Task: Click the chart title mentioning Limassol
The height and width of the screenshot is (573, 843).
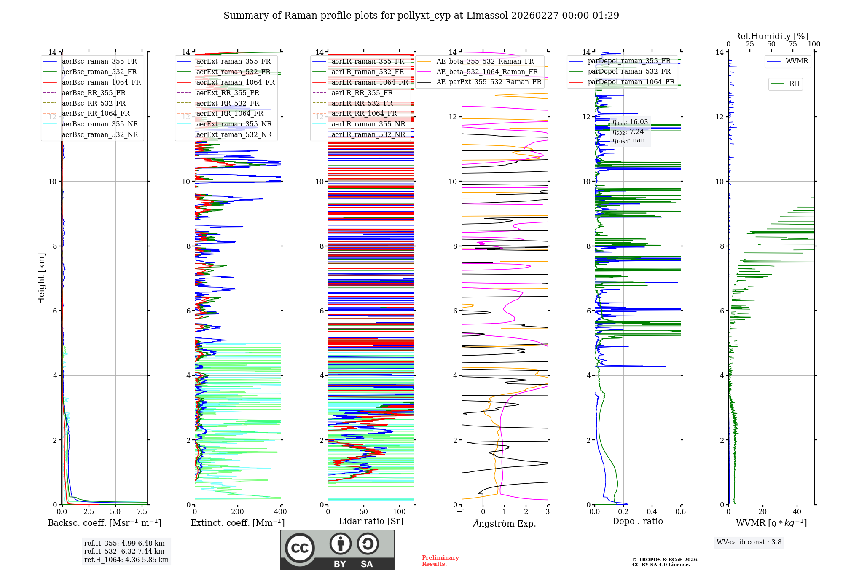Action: click(421, 16)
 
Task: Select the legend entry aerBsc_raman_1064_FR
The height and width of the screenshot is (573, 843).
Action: click(101, 83)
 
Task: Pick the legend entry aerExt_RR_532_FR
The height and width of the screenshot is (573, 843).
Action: click(228, 104)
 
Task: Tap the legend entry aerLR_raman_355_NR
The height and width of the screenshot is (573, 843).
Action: click(368, 124)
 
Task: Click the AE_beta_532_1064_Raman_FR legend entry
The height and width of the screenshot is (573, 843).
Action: click(487, 72)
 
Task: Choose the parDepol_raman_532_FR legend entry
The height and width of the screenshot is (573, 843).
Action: click(629, 72)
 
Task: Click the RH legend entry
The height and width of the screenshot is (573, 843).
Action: click(794, 84)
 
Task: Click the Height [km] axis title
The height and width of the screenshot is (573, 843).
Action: click(41, 278)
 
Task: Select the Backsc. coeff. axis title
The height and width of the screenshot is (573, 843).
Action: click(104, 523)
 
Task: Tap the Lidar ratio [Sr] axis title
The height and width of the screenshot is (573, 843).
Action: click(371, 521)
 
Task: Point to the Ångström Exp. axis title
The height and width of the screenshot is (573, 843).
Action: click(505, 524)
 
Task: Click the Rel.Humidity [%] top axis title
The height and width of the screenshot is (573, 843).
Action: click(771, 36)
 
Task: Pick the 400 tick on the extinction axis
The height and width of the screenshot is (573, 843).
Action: click(280, 512)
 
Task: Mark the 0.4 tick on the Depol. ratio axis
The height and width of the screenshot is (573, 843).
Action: click(652, 512)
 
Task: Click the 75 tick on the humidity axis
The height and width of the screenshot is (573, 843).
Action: click(793, 44)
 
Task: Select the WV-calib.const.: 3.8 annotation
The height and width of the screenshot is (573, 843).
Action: click(749, 542)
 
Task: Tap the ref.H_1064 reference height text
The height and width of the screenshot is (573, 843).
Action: click(126, 560)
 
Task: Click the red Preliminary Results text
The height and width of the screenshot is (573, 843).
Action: click(440, 561)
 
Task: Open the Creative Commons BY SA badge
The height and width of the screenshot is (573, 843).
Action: click(337, 550)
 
